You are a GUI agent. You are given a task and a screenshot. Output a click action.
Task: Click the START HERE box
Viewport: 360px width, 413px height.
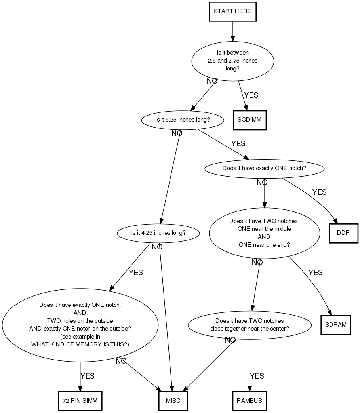tap(232, 11)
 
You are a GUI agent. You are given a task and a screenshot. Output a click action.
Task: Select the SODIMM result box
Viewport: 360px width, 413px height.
tap(250, 120)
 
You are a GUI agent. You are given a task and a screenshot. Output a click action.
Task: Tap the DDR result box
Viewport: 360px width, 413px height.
tap(343, 233)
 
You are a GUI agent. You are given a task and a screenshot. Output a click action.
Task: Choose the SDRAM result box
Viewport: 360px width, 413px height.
tap(335, 325)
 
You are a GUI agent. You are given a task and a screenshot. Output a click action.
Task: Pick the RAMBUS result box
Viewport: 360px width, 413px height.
tap(249, 400)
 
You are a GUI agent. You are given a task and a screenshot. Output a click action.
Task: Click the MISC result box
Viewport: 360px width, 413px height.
tap(173, 400)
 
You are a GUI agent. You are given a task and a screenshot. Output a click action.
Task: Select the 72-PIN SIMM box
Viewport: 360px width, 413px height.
tap(80, 400)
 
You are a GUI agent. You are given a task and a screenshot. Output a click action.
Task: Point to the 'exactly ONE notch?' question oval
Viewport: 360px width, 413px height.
tap(264, 168)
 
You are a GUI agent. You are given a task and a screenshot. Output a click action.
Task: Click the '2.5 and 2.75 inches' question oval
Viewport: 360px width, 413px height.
tap(232, 61)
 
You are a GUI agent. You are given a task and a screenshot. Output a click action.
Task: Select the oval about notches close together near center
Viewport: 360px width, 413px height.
tap(249, 325)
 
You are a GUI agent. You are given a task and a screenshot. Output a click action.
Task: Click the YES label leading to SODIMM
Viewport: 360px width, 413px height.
tap(251, 95)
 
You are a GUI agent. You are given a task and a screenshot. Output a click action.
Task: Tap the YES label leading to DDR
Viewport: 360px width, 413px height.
tap(319, 192)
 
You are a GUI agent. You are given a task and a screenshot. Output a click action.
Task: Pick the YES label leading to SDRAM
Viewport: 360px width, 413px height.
tap(315, 273)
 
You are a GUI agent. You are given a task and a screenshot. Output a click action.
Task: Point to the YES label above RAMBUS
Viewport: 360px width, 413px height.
tap(257, 376)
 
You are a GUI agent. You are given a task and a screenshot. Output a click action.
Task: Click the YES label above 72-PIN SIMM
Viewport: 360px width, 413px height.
tap(88, 376)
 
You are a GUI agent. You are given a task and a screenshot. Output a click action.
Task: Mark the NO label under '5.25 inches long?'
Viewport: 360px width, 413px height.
tap(177, 133)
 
